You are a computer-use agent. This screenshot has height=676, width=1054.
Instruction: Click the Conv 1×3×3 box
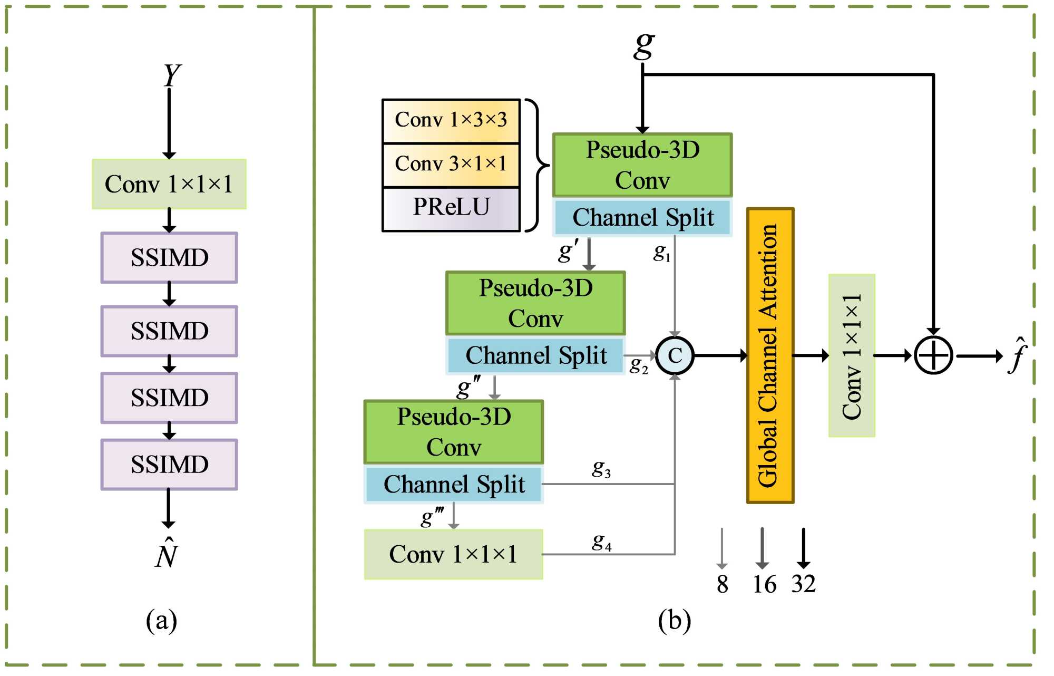(x=451, y=121)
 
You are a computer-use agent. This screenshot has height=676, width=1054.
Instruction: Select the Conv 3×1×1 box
(x=451, y=165)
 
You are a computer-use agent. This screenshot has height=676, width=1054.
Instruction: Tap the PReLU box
(x=451, y=208)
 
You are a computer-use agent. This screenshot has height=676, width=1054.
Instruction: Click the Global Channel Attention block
(x=770, y=355)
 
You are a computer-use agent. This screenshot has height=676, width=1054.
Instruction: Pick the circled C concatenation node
(x=675, y=356)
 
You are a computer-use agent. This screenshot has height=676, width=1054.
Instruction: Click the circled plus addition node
(x=933, y=356)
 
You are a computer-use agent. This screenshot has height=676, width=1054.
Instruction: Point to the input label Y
(x=171, y=75)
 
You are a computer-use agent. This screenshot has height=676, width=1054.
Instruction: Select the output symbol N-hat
(x=167, y=554)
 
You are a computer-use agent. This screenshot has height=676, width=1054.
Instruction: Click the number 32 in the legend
(x=803, y=584)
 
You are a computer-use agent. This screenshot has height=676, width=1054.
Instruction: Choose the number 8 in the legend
(x=722, y=584)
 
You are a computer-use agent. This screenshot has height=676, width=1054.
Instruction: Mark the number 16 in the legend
(x=764, y=584)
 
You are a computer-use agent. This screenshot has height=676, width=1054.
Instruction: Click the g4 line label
(x=602, y=542)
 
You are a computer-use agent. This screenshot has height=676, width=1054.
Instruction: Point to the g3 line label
(x=601, y=468)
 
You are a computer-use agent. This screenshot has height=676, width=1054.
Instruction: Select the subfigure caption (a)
(x=161, y=621)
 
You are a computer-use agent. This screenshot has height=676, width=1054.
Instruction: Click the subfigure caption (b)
(x=674, y=621)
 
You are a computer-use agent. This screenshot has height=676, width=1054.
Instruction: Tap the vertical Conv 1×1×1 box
(x=852, y=356)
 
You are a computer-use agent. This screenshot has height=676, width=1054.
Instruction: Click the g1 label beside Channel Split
(x=662, y=253)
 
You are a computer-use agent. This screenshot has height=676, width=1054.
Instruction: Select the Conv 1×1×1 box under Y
(x=169, y=184)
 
